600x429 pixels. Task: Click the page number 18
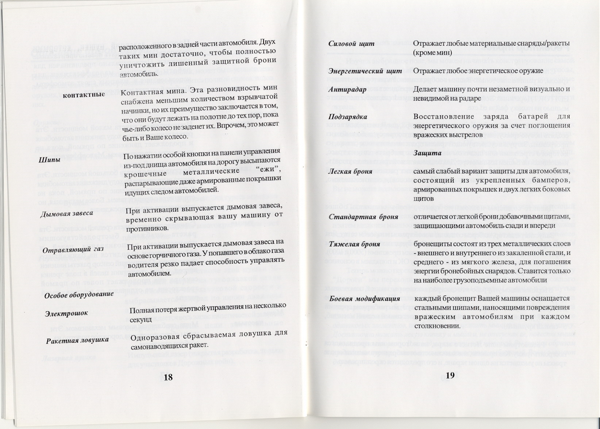pos(168,377)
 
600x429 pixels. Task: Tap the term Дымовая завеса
pos(66,213)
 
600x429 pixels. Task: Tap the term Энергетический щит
pos(365,70)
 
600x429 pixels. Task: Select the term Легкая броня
pos(350,171)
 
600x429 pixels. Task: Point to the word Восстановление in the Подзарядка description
pos(439,117)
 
